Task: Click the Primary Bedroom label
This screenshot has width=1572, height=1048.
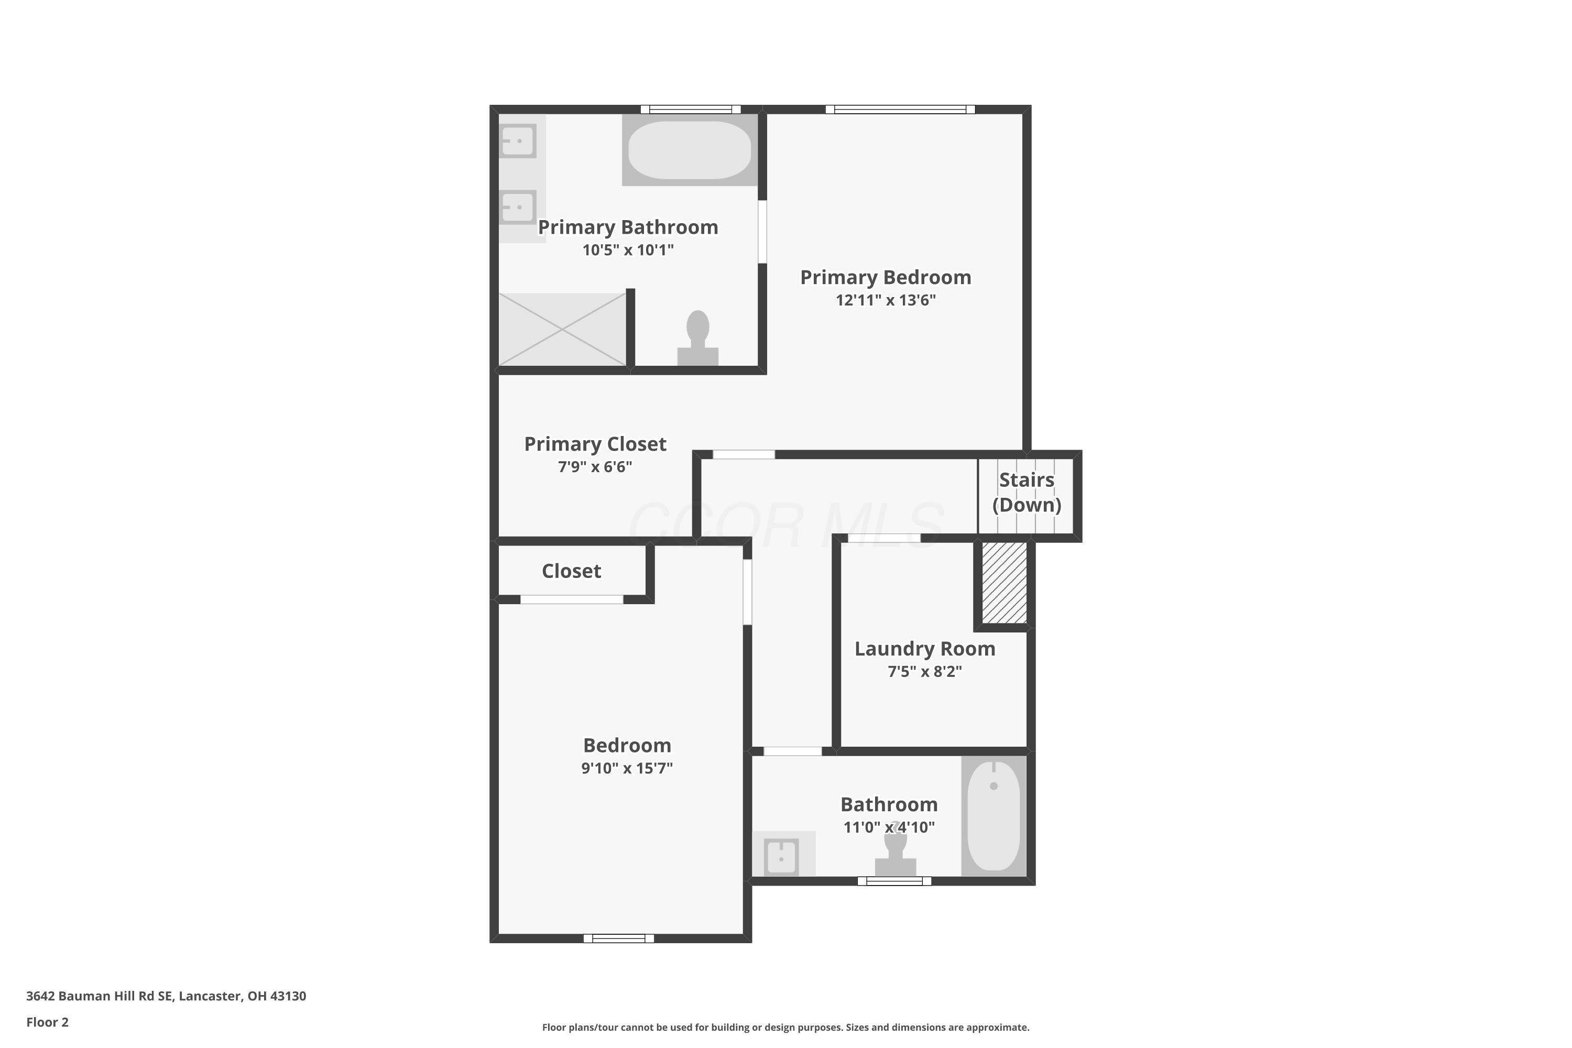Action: pyautogui.click(x=886, y=277)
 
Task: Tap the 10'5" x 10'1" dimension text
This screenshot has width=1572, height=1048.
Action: pyautogui.click(x=628, y=250)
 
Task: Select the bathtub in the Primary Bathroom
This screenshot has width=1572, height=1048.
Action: pyautogui.click(x=690, y=150)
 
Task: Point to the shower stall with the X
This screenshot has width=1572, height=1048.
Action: pyautogui.click(x=562, y=330)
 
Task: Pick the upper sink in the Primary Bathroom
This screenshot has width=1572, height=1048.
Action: pyautogui.click(x=518, y=141)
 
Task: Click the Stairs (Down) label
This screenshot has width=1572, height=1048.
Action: pyautogui.click(x=1027, y=492)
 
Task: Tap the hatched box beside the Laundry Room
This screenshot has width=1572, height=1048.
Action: pyautogui.click(x=1004, y=583)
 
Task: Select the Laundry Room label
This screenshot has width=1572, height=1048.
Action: pyautogui.click(x=925, y=649)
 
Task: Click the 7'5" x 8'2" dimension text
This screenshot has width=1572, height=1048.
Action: pyautogui.click(x=925, y=672)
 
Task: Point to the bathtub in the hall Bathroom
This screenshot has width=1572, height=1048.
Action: pyautogui.click(x=994, y=815)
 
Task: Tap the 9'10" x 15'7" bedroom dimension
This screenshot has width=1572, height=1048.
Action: pyautogui.click(x=627, y=768)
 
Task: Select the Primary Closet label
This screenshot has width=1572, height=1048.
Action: pyautogui.click(x=595, y=444)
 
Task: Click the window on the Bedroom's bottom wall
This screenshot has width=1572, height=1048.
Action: pyautogui.click(x=619, y=938)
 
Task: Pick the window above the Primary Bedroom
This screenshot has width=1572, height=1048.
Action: pyautogui.click(x=900, y=110)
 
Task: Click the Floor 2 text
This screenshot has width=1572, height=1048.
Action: pyautogui.click(x=48, y=1022)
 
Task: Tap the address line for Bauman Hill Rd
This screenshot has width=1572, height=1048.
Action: pyautogui.click(x=167, y=996)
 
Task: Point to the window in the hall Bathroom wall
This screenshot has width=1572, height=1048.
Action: pyautogui.click(x=894, y=881)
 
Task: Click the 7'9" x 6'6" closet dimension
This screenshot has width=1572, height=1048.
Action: pyautogui.click(x=595, y=467)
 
